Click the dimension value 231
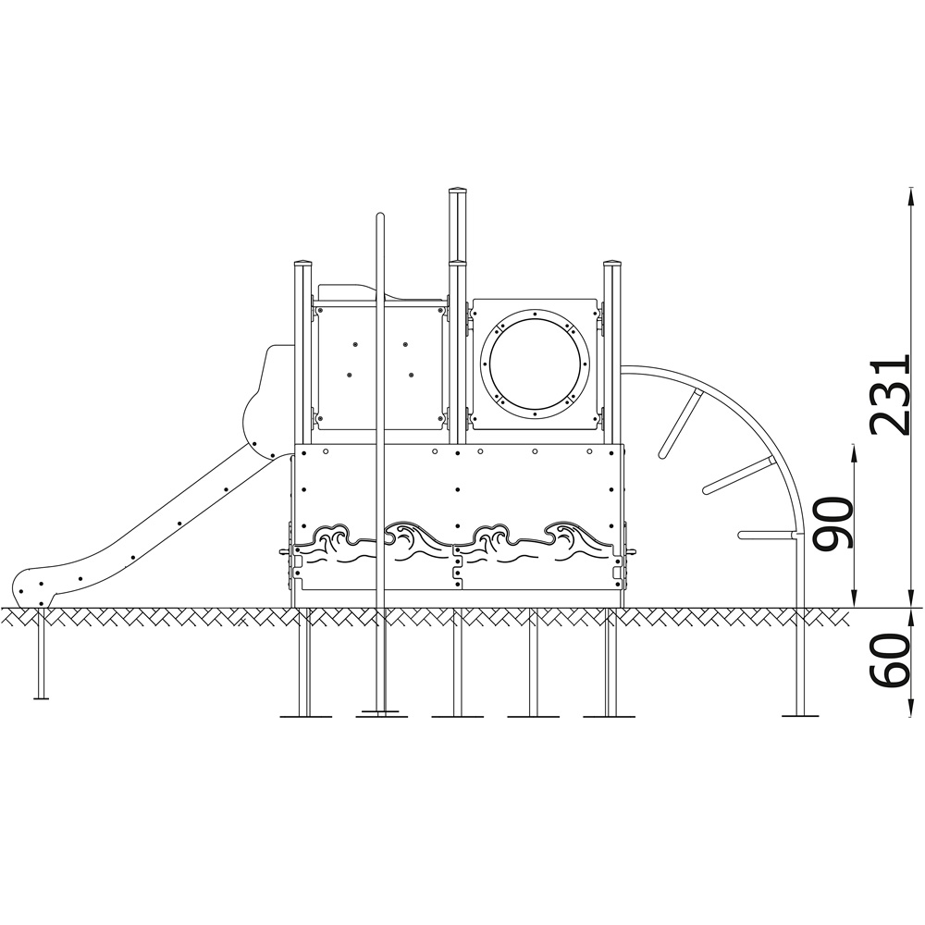[891, 395]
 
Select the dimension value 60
[891, 660]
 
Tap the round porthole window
[535, 363]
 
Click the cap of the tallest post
[458, 192]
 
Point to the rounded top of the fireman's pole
[380, 216]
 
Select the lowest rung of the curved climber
[766, 535]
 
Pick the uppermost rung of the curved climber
[679, 423]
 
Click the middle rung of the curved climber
[737, 475]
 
